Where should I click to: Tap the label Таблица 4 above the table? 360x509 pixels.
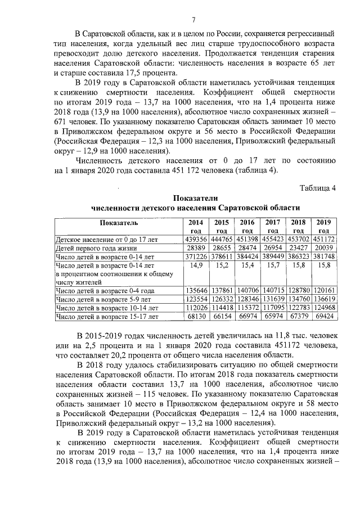317,188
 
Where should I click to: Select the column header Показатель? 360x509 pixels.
119,222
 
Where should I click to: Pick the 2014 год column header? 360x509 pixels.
196,226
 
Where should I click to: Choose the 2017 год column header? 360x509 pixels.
273,226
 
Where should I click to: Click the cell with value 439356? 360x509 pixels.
196,239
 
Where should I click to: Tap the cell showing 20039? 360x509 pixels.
324,247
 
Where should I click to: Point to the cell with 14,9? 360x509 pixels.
196,264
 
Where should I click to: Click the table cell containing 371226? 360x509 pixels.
196,256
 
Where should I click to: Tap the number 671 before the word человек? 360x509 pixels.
61,121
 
